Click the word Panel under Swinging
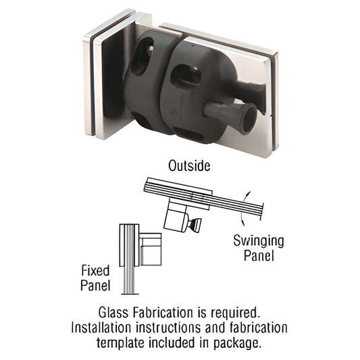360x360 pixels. pos(258,255)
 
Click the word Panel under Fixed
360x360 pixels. pos(91,286)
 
